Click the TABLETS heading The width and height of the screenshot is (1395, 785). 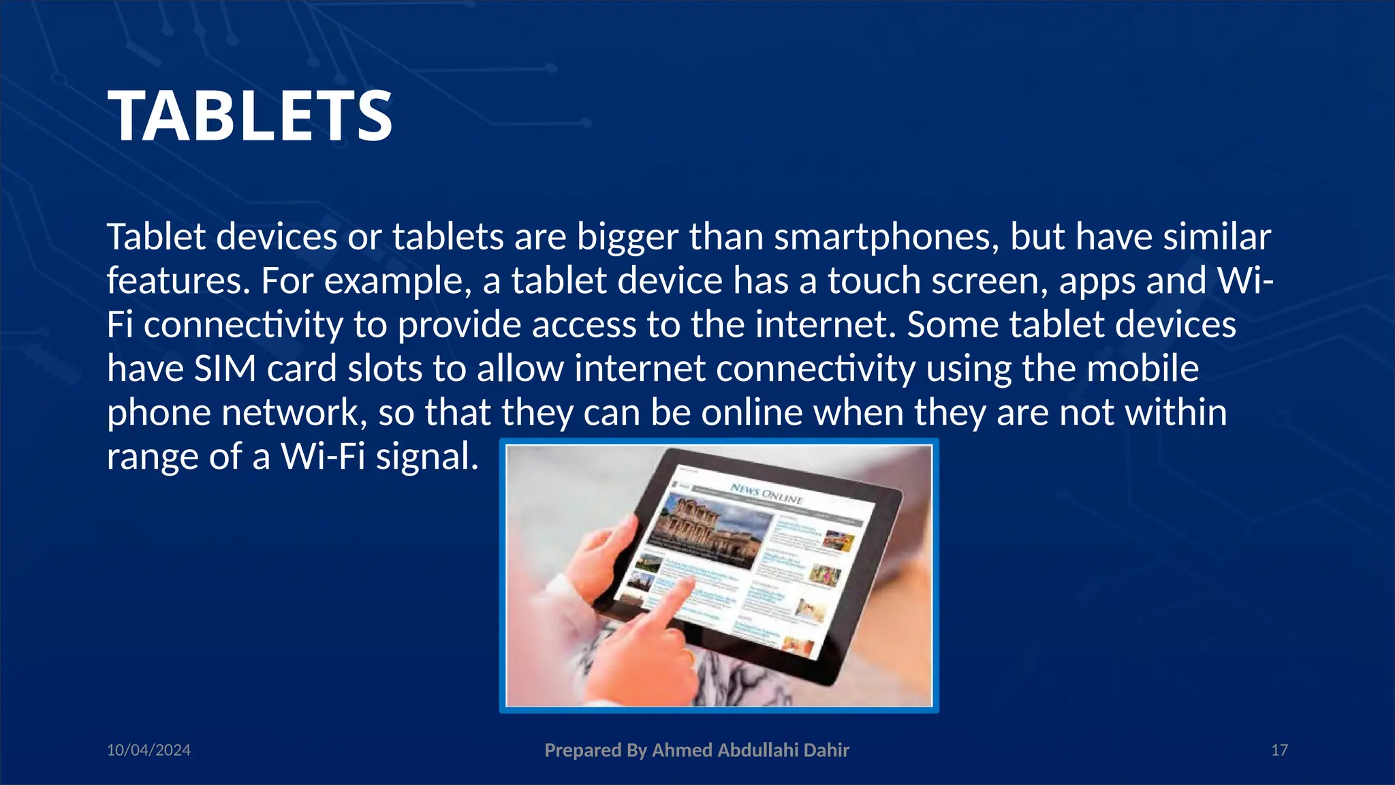pyautogui.click(x=249, y=117)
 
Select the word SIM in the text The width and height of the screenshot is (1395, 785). pyautogui.click(x=225, y=369)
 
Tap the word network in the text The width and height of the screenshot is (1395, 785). pyautogui.click(x=294, y=413)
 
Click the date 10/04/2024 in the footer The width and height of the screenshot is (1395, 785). pyautogui.click(x=148, y=750)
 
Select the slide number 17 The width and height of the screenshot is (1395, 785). pyautogui.click(x=1279, y=750)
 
